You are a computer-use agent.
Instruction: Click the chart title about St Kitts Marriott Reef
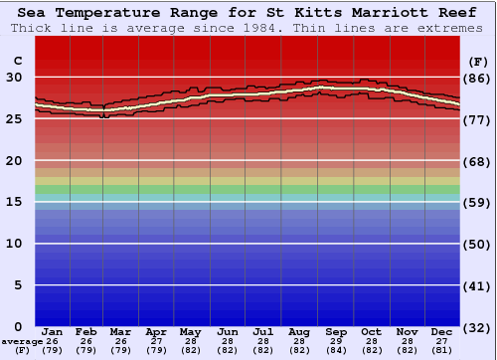point(248,13)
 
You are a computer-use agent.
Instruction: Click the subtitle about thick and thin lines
point(248,28)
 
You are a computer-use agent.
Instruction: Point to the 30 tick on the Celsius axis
point(16,77)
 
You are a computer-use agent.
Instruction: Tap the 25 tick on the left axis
point(16,118)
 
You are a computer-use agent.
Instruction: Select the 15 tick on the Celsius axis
point(16,202)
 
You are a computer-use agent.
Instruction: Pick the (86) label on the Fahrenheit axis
point(477,78)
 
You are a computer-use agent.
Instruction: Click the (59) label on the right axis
point(477,202)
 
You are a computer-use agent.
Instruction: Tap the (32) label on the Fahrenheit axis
point(477,326)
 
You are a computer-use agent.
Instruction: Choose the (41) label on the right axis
point(477,285)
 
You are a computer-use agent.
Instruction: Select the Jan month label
point(53,332)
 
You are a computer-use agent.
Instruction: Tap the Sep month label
point(335,332)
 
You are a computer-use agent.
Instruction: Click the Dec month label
point(442,332)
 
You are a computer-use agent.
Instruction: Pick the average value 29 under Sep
point(335,341)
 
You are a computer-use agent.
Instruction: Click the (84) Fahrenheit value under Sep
point(335,350)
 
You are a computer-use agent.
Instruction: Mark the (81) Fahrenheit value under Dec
point(442,350)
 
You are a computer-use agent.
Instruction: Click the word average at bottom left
point(22,341)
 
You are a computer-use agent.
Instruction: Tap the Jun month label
point(229,332)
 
